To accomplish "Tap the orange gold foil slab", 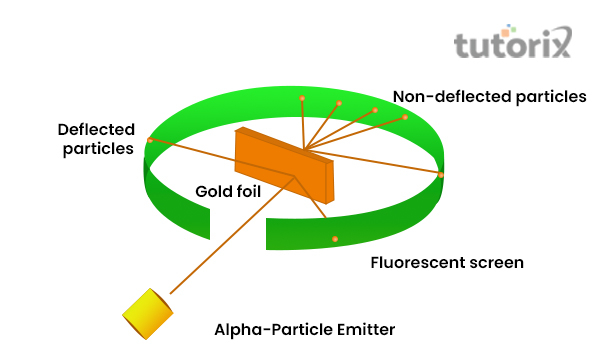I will click(x=286, y=166).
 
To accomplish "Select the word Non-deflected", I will click(x=447, y=97).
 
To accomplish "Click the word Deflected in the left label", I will click(x=95, y=130).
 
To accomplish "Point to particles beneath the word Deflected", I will click(x=95, y=149).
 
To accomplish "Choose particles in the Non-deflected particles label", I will click(x=545, y=97).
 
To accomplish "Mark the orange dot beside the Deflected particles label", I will click(x=150, y=140).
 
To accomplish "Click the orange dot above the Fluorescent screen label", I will click(x=335, y=238).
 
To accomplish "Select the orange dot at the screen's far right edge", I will click(x=440, y=175).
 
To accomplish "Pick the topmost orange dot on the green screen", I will click(x=302, y=97).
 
